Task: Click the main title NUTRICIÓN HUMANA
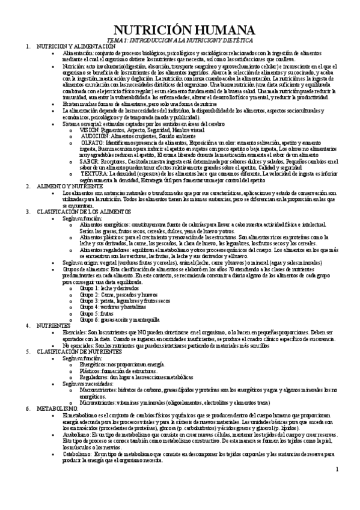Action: [x=180, y=29]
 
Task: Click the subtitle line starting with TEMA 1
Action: [x=179, y=39]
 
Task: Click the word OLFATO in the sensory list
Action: [x=91, y=143]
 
